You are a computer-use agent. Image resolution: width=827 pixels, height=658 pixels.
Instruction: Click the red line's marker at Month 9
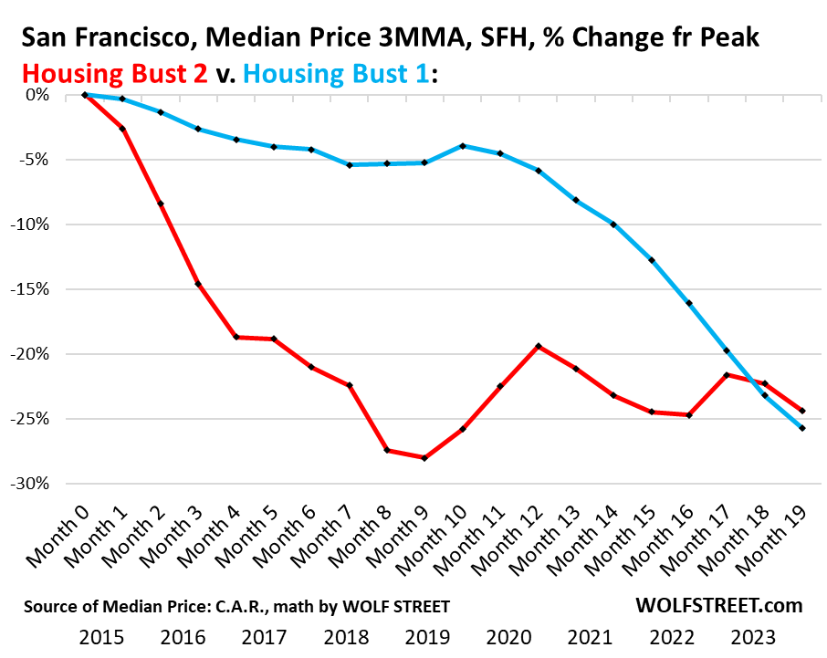pos(425,458)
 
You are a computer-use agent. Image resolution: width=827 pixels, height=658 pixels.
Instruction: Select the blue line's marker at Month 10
pos(464,146)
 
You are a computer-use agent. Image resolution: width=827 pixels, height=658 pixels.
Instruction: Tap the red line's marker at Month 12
pos(539,346)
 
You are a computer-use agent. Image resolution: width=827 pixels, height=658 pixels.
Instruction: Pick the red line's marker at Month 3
pos(198,285)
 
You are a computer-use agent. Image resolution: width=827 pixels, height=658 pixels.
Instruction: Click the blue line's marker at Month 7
pos(350,165)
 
